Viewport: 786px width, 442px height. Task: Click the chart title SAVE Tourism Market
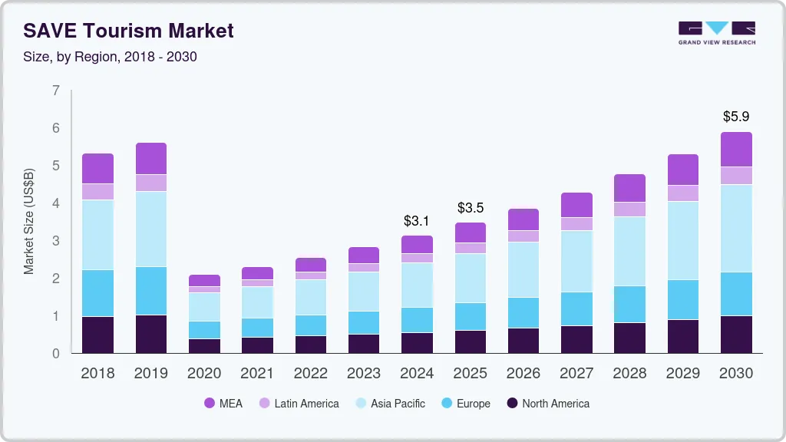(x=128, y=31)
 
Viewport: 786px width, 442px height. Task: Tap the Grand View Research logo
(x=716, y=33)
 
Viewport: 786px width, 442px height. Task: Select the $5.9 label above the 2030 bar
(x=736, y=117)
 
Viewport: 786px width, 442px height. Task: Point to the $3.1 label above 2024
(x=417, y=221)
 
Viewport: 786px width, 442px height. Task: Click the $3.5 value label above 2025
(x=471, y=208)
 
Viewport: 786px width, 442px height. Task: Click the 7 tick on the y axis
(x=55, y=91)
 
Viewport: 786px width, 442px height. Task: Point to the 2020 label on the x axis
(x=204, y=374)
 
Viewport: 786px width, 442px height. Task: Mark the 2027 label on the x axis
(x=576, y=374)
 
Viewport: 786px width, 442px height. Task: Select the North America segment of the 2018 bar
(x=97, y=335)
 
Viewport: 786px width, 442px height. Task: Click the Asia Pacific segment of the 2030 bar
(x=736, y=228)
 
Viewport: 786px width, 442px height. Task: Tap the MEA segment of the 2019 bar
(x=151, y=158)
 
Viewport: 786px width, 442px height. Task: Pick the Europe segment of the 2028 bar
(x=629, y=304)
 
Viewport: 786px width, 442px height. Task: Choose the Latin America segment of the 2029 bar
(x=683, y=193)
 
